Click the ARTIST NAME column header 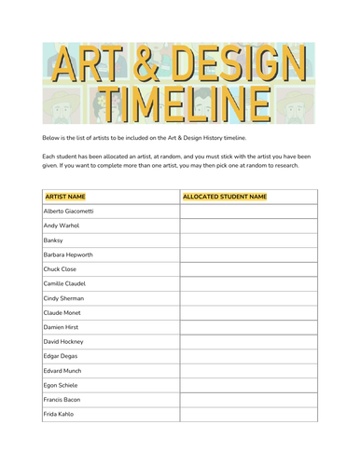[x=67, y=198]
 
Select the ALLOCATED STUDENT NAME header [x=225, y=198]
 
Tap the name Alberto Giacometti [x=68, y=212]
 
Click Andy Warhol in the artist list [x=61, y=226]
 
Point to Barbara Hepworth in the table [x=68, y=254]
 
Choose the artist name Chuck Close [x=61, y=269]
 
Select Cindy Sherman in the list [x=63, y=298]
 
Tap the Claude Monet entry [x=62, y=313]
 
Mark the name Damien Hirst [x=62, y=327]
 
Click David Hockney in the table [x=63, y=342]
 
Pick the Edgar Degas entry [x=62, y=356]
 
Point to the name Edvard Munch [x=62, y=371]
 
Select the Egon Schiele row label [x=61, y=385]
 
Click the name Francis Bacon [x=62, y=400]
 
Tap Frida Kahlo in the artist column [x=58, y=414]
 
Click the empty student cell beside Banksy [x=248, y=240]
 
